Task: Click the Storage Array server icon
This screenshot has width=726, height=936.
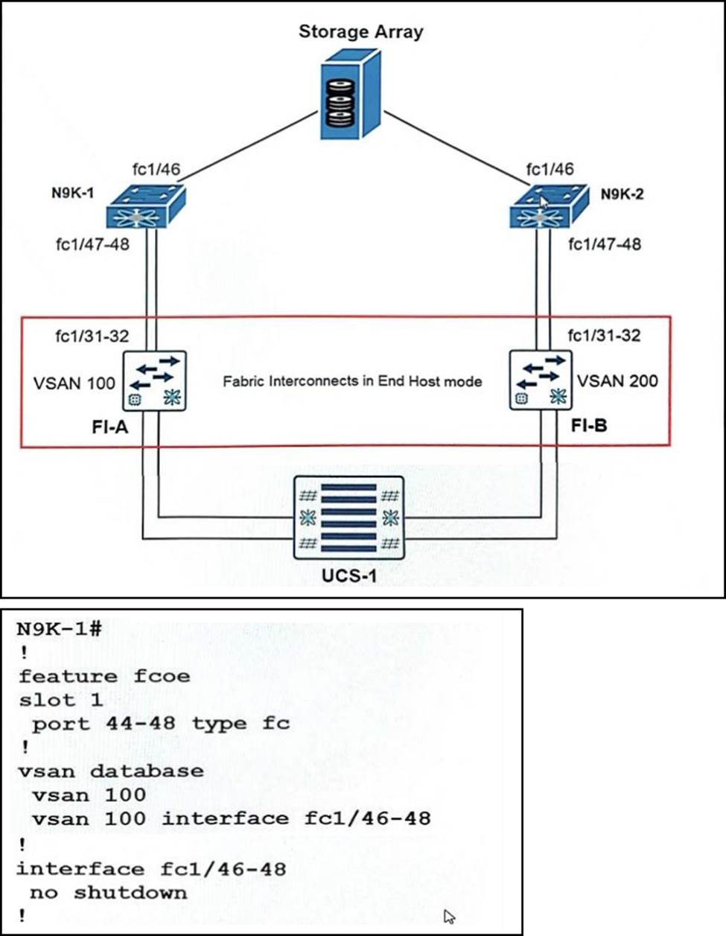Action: pos(351,100)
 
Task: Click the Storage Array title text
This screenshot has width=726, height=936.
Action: pos(360,32)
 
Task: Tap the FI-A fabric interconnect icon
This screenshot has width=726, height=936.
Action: pos(156,381)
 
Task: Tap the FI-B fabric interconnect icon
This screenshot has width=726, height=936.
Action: pos(541,381)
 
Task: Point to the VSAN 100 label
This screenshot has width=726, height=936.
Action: pos(74,383)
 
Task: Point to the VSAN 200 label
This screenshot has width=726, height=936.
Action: pos(618,381)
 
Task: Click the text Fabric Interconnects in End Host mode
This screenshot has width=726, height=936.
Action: pos(352,381)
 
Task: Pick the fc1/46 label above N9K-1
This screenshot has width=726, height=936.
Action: pos(156,169)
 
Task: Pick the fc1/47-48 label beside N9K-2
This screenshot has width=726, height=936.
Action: pos(604,244)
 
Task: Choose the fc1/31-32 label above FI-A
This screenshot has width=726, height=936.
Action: pos(92,336)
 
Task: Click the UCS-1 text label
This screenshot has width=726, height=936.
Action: pos(349,576)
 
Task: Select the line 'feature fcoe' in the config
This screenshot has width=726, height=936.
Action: pos(104,676)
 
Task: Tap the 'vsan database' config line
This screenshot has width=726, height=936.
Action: pos(110,771)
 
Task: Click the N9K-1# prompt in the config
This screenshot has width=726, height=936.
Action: pos(59,628)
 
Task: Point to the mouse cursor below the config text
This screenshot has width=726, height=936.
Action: pos(449,917)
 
